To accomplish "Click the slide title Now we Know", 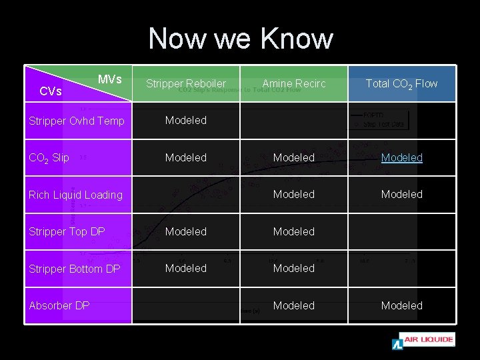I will (x=240, y=39).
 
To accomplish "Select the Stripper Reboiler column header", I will (x=186, y=83).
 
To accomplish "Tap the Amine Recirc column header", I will (x=294, y=83).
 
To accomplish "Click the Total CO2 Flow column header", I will (x=401, y=83).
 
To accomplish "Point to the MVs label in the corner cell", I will (x=109, y=79).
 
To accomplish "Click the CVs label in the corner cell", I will (x=51, y=91).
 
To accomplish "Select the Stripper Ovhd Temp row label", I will (x=75, y=121).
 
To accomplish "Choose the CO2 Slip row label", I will (x=49, y=158).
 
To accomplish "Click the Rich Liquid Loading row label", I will (x=75, y=195).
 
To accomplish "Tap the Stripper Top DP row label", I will (x=67, y=232).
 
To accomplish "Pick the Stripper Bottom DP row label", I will (x=74, y=269).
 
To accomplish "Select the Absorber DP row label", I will (x=59, y=305).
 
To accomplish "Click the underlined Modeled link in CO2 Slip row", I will (x=401, y=157).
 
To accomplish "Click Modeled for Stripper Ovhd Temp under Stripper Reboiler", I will (x=186, y=121).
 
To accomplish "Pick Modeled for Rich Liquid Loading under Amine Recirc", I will (x=294, y=194).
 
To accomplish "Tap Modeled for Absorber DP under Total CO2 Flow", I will (x=401, y=305).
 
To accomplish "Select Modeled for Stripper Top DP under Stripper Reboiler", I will (x=186, y=231).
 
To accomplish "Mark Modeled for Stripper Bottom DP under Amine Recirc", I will (x=294, y=268).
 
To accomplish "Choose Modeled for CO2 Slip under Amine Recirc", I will (x=294, y=157).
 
